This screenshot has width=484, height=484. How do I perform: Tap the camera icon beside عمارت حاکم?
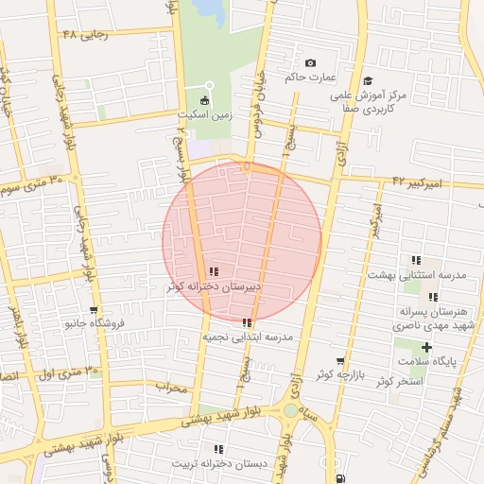pyautogui.click(x=310, y=63)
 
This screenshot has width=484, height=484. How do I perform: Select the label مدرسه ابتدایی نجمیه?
pyautogui.click(x=247, y=337)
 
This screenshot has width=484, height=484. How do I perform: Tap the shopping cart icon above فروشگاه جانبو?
pyautogui.click(x=94, y=310)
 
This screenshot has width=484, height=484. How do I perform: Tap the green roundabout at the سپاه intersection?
pyautogui.click(x=290, y=411)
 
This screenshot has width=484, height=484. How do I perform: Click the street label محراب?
pyautogui.click(x=173, y=387)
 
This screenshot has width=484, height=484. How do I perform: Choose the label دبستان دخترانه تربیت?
pyautogui.click(x=219, y=464)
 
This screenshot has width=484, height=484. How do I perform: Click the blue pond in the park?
pyautogui.click(x=210, y=11)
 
